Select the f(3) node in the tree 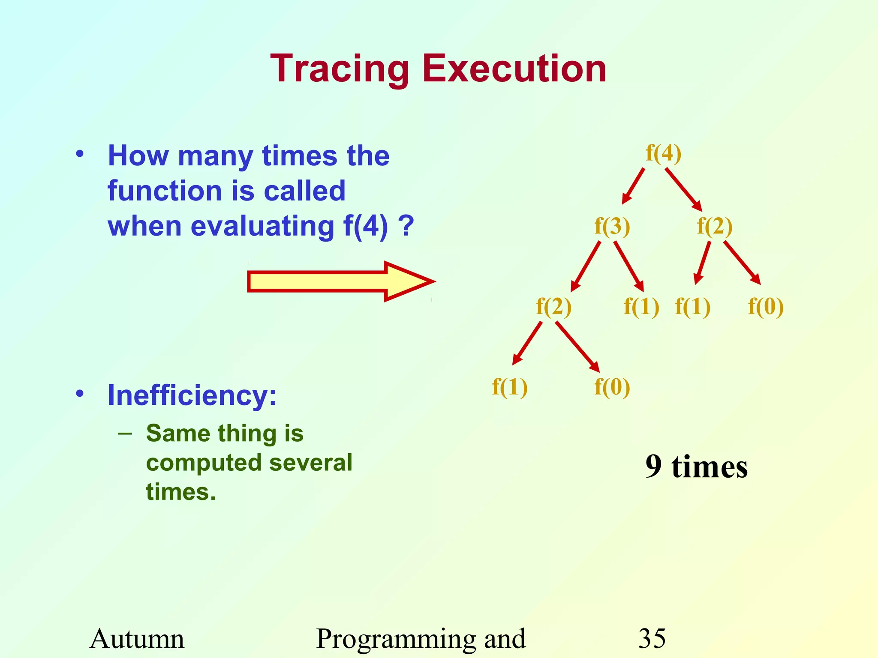(612, 226)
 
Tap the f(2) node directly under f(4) (714, 226)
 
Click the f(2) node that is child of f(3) (553, 307)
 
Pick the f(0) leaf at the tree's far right (766, 307)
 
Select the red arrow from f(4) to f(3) (633, 185)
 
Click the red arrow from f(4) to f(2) (683, 189)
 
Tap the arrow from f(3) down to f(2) (586, 266)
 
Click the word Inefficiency (192, 395)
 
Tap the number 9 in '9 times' (653, 467)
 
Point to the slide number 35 (652, 638)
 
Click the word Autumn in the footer (137, 638)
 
